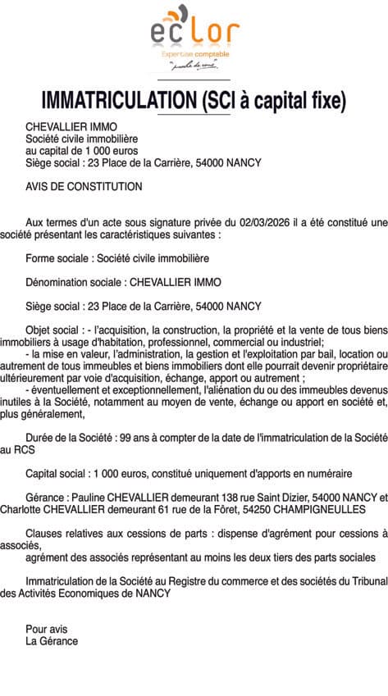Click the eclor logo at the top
coord(194,37)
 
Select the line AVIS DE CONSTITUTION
coord(84,186)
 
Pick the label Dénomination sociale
coord(74,283)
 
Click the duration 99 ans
coord(131,438)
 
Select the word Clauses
coord(44,534)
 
